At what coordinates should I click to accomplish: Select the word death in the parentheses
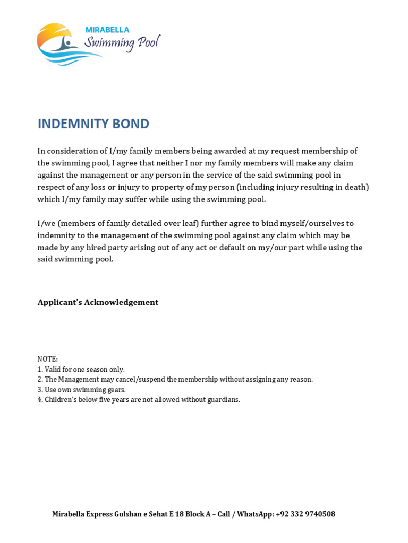tap(354, 187)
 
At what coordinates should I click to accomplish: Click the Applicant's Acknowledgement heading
tap(98, 302)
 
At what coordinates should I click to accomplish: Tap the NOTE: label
tap(47, 359)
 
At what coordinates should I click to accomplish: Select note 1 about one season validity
tap(81, 369)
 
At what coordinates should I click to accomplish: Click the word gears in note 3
tap(115, 390)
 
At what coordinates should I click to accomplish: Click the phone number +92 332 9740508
tap(305, 514)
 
